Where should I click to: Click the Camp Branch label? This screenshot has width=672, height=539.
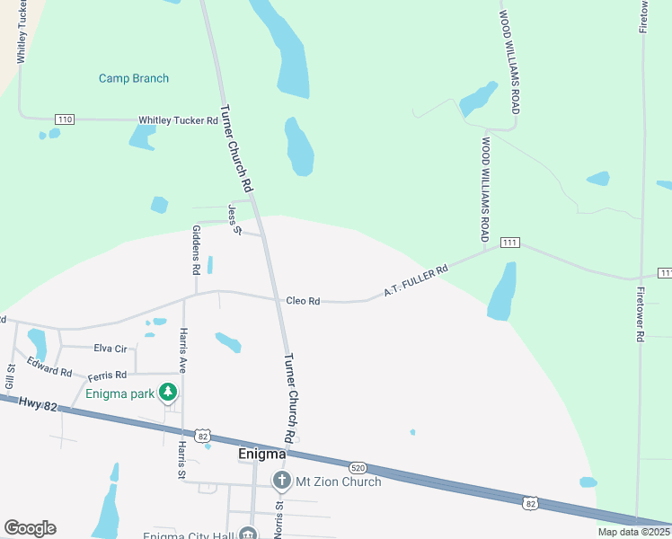(134, 78)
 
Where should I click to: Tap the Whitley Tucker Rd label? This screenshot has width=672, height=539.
(178, 120)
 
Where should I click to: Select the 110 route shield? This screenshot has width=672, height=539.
(64, 119)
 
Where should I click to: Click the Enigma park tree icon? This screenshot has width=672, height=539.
(167, 393)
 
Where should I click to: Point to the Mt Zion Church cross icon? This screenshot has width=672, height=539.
(281, 481)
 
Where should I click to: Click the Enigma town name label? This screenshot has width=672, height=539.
(262, 455)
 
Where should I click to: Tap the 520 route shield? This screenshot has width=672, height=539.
(358, 467)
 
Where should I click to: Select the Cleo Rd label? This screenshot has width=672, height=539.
(303, 301)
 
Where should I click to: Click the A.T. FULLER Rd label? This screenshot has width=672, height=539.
(415, 281)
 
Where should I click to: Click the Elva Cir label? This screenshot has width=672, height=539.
(111, 348)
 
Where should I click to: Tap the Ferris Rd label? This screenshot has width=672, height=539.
(107, 376)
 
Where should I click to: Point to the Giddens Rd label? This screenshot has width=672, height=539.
(196, 249)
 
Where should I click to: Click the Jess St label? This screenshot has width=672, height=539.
(235, 219)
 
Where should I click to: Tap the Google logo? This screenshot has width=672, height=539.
(30, 528)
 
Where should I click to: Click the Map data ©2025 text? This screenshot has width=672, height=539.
(633, 532)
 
